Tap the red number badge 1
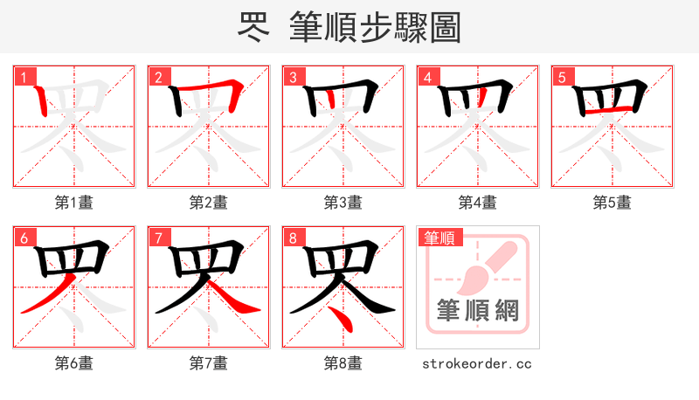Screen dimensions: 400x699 [x=23, y=77]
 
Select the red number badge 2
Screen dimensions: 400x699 [x=157, y=77]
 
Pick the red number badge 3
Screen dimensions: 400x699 [x=292, y=77]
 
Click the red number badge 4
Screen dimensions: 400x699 [x=426, y=77]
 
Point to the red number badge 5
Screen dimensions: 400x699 [x=561, y=77]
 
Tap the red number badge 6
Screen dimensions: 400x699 [x=23, y=238]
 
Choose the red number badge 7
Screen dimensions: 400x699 [x=157, y=238]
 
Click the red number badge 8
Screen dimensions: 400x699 [x=292, y=238]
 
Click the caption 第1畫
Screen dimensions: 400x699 [x=73, y=203]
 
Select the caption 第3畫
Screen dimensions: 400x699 [x=343, y=203]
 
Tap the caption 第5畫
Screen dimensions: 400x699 [x=612, y=203]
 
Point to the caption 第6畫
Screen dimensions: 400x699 [x=73, y=363]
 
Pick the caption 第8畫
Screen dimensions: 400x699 [x=343, y=363]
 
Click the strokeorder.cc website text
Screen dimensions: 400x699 [x=477, y=363]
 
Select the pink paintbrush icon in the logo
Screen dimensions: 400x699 [x=479, y=267]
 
